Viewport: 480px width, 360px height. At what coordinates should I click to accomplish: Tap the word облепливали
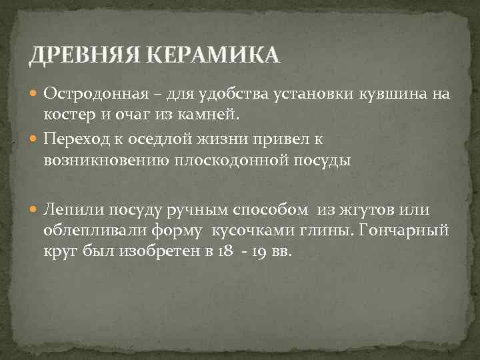85,231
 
